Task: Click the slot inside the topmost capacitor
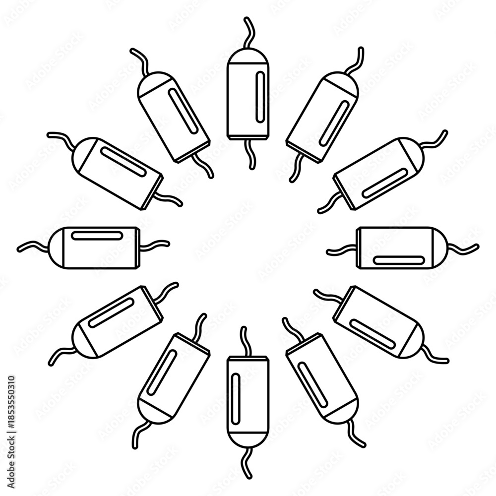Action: click(x=260, y=97)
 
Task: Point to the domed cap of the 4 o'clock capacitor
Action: click(x=415, y=344)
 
